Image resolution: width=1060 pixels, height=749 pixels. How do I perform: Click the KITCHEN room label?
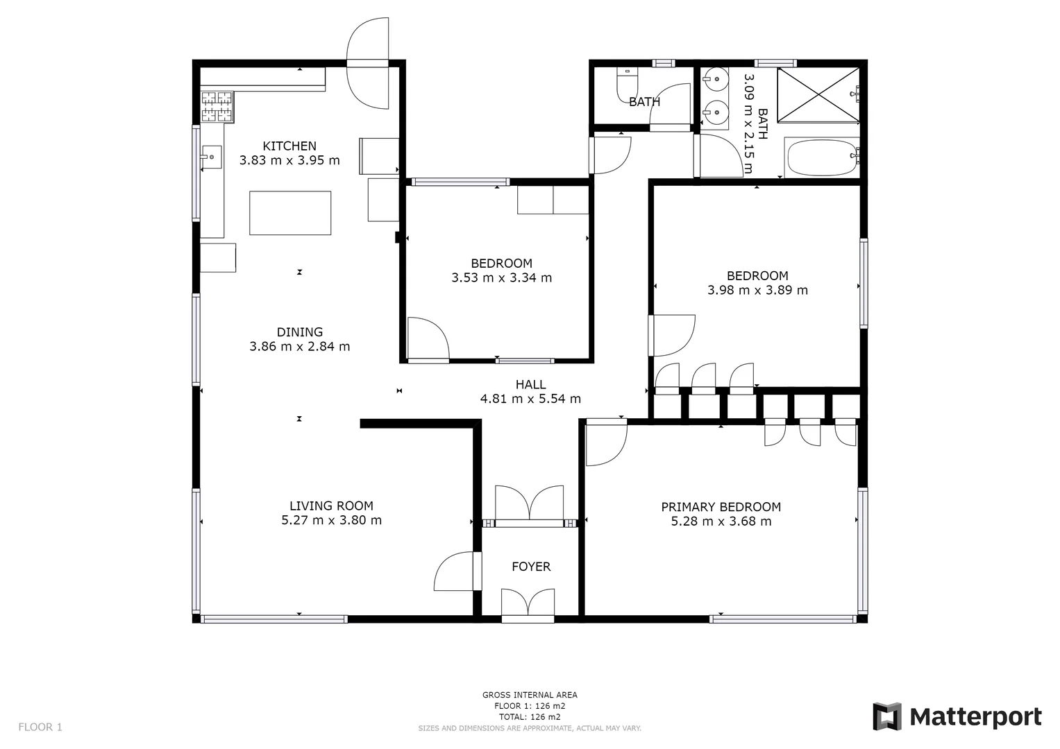tap(289, 146)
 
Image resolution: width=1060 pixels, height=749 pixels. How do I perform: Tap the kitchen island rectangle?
tap(290, 213)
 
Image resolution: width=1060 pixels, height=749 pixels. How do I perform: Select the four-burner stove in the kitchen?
tap(217, 107)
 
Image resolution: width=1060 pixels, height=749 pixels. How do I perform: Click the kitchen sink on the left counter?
tap(211, 157)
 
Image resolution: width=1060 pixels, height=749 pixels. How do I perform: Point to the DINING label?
tap(299, 332)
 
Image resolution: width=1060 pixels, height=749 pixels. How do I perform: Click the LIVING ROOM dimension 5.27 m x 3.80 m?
tap(331, 520)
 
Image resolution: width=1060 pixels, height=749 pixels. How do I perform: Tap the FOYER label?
tap(531, 567)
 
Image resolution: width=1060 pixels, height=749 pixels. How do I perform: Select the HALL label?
tap(530, 384)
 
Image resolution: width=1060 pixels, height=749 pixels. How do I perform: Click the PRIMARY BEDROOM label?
tap(721, 507)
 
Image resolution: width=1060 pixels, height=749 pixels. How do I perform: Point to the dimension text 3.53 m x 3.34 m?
tap(501, 278)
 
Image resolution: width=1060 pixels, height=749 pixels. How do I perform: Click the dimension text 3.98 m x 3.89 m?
tap(757, 290)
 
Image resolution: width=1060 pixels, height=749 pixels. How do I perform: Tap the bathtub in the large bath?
tap(821, 158)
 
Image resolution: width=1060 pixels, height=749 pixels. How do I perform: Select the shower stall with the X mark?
tap(818, 94)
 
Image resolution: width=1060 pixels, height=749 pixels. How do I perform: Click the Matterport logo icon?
tap(886, 716)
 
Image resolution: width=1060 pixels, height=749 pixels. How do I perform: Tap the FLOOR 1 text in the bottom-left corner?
tap(40, 727)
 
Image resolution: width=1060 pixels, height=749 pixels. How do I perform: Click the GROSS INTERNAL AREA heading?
tap(530, 695)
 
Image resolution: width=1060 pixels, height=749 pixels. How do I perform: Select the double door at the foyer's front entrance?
tap(528, 603)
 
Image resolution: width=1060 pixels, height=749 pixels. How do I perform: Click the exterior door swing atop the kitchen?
tap(368, 62)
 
